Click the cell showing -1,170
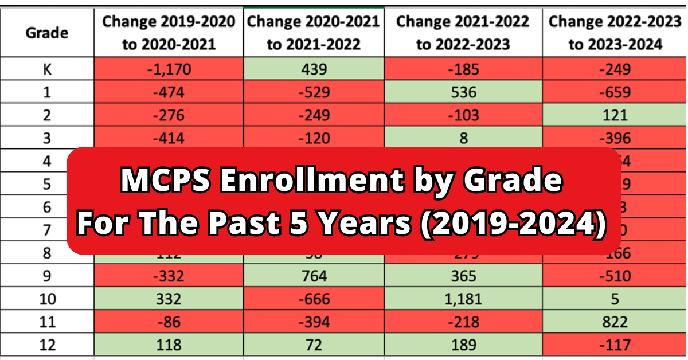pyautogui.click(x=168, y=69)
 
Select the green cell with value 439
pyautogui.click(x=314, y=69)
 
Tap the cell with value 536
pyautogui.click(x=463, y=92)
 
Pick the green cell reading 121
pyautogui.click(x=614, y=115)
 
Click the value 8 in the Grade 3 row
pyautogui.click(x=463, y=138)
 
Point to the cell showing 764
pyautogui.click(x=314, y=276)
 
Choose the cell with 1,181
pyautogui.click(x=463, y=299)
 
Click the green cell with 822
pyautogui.click(x=614, y=322)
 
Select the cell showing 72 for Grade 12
pyautogui.click(x=314, y=345)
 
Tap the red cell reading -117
pyautogui.click(x=614, y=345)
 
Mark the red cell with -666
pyautogui.click(x=314, y=299)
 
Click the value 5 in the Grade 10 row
pyautogui.click(x=614, y=299)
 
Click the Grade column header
pyautogui.click(x=47, y=33)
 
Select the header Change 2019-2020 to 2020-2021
pyautogui.click(x=168, y=33)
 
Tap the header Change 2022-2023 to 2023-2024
pyautogui.click(x=615, y=33)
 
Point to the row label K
pyautogui.click(x=47, y=69)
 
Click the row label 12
pyautogui.click(x=47, y=345)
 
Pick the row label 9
pyautogui.click(x=47, y=276)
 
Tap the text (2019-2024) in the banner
pyautogui.click(x=514, y=223)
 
